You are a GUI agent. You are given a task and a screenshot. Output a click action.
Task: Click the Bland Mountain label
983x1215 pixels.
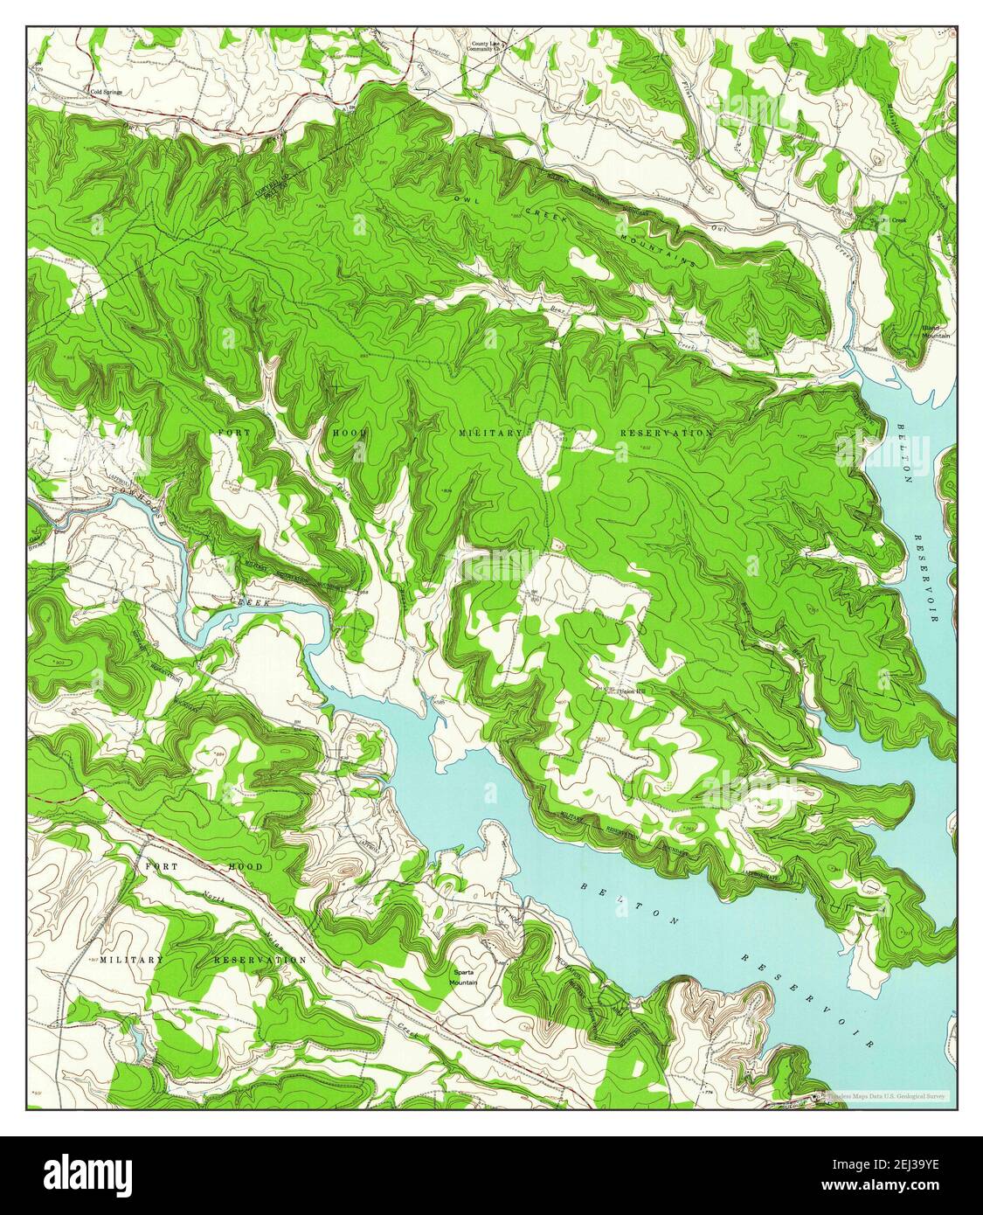[936, 332]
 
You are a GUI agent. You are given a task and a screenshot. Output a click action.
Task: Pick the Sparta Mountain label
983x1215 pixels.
[463, 977]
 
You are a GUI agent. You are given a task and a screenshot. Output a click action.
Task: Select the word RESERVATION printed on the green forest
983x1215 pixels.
[666, 433]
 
